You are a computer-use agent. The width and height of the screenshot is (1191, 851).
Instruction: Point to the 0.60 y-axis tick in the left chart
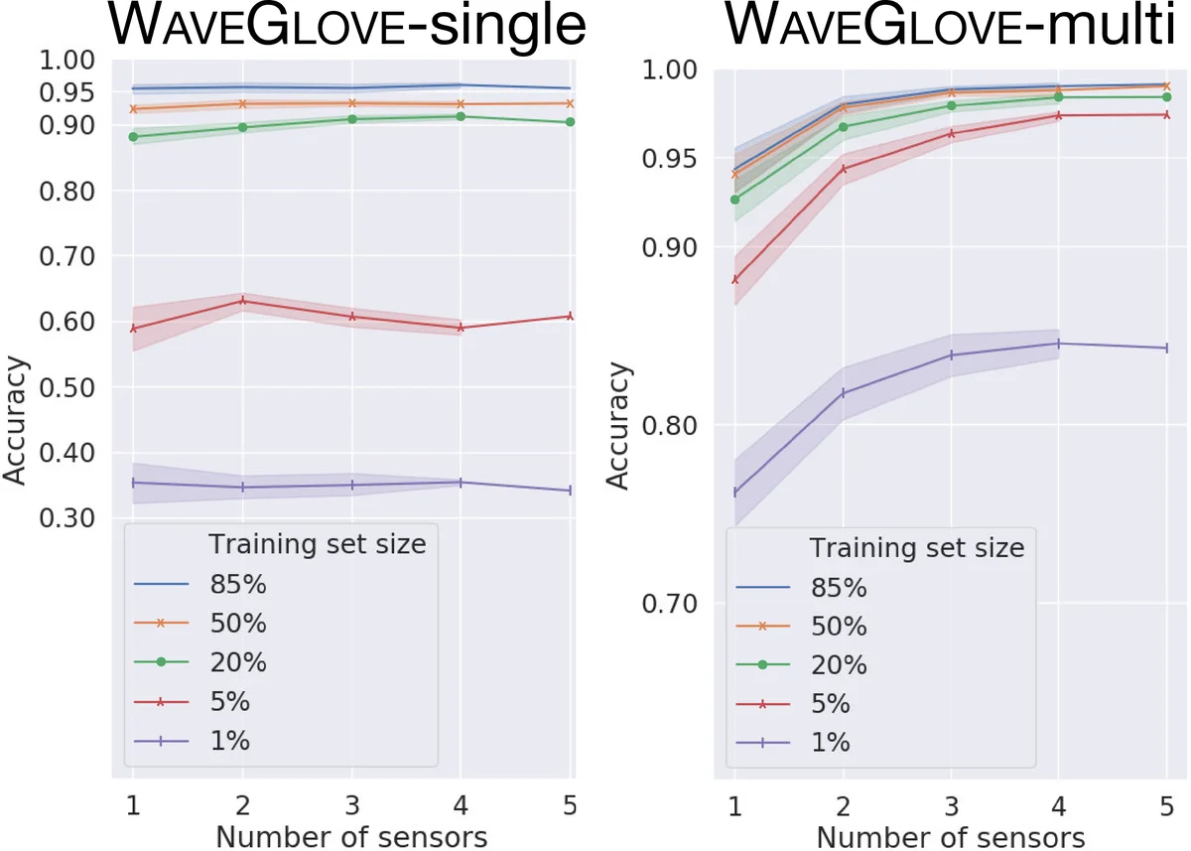pos(66,322)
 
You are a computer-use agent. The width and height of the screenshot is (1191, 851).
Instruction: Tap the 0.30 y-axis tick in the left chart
pos(66,518)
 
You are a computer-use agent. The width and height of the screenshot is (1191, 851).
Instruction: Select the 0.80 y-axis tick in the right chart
pos(669,426)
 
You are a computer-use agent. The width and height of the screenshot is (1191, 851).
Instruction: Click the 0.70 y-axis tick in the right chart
pos(669,604)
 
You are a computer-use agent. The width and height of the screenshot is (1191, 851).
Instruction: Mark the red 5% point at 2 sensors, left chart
pos(242,300)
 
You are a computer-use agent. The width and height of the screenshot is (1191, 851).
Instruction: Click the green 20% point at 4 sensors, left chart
pos(461,116)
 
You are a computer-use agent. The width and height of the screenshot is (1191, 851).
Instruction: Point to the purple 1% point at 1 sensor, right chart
pos(734,493)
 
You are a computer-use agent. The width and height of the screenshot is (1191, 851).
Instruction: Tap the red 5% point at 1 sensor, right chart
pos(734,279)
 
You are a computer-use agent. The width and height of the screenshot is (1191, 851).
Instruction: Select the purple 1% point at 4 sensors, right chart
pos(1059,344)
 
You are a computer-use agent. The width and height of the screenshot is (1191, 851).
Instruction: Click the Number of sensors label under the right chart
pos(951,836)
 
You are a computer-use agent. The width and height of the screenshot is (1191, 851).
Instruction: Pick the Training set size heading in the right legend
pos(916,548)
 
